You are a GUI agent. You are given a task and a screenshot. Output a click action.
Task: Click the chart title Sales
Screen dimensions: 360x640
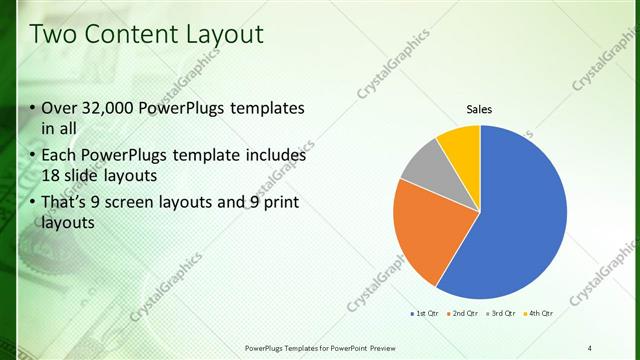pyautogui.click(x=480, y=110)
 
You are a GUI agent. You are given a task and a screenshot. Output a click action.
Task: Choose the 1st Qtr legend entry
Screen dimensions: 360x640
pyautogui.click(x=427, y=313)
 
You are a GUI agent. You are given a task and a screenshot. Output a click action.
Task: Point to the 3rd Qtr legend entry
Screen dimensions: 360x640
pyautogui.click(x=502, y=313)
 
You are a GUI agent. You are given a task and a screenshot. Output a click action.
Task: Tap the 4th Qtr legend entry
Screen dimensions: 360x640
pyautogui.click(x=539, y=313)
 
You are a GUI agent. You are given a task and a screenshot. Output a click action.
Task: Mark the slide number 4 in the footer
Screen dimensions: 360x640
pyautogui.click(x=590, y=347)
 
